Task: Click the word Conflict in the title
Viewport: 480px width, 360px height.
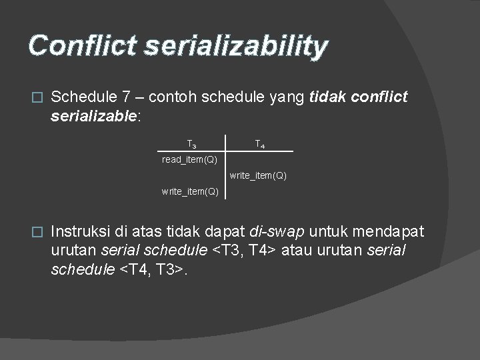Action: [81, 46]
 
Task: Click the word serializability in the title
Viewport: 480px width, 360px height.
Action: [235, 47]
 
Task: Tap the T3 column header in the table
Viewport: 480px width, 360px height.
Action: [191, 143]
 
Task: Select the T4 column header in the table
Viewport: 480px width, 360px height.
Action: [260, 143]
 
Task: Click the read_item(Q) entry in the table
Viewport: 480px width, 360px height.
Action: [190, 160]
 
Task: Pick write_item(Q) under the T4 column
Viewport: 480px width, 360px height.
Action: [258, 176]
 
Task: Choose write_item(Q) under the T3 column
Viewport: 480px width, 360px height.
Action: [190, 192]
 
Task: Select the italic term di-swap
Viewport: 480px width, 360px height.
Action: [276, 232]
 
